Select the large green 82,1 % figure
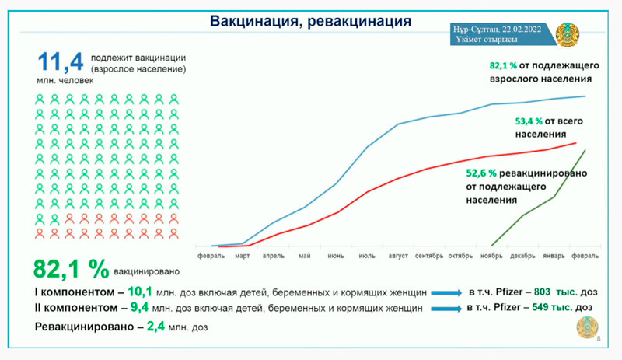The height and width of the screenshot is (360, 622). (x=71, y=269)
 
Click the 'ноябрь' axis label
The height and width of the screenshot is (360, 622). (x=491, y=255)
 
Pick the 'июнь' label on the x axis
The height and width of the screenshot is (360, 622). (x=336, y=255)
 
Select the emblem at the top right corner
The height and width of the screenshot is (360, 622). (x=567, y=34)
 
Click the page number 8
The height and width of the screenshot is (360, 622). (x=598, y=340)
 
